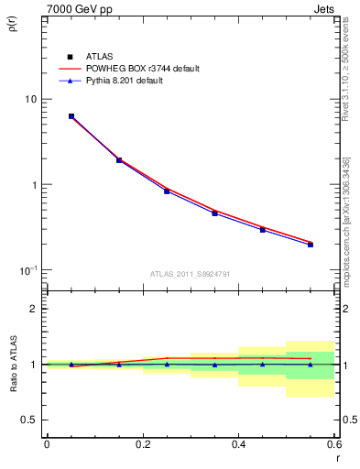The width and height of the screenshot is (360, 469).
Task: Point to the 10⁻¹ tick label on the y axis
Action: point(27,270)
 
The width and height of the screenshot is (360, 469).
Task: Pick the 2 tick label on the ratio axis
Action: point(33,309)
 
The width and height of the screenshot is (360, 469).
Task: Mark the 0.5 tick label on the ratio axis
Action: point(29,420)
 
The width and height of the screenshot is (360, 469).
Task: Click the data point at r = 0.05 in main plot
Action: point(71,116)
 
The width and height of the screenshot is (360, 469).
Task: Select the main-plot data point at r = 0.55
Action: point(311,245)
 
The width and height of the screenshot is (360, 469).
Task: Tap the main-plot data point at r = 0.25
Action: point(167,191)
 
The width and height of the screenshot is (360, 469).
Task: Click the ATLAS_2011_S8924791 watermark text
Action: point(190,273)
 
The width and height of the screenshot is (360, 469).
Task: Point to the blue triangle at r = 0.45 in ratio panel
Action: point(263,364)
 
